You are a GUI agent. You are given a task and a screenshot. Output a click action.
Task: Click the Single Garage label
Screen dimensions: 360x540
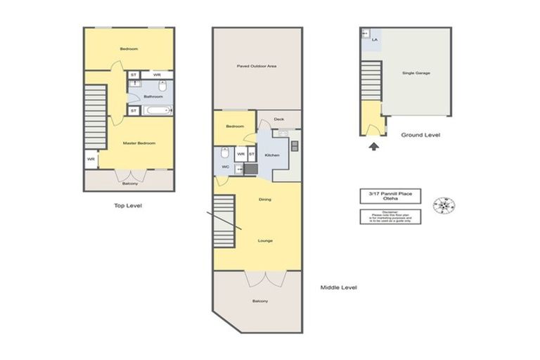point(416,73)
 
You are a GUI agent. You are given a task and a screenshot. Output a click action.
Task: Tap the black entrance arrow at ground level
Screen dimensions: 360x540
point(373,146)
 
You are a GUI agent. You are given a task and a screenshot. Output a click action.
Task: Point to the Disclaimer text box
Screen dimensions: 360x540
point(384,217)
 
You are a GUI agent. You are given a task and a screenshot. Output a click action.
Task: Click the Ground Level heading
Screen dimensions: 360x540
point(420,134)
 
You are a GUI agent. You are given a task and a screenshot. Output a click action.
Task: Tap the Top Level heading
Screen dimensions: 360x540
point(129,206)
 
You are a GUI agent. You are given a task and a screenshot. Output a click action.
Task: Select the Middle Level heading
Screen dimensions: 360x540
point(339,288)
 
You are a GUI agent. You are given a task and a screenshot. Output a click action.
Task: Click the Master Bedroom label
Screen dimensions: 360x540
point(139,143)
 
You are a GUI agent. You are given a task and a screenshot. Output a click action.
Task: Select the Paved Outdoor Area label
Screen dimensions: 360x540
point(257,67)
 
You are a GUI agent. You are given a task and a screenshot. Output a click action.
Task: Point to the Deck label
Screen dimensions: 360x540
point(278,120)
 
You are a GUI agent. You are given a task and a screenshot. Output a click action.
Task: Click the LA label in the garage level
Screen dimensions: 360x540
point(375,40)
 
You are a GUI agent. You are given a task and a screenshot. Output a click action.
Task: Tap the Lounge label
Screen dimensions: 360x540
point(264,240)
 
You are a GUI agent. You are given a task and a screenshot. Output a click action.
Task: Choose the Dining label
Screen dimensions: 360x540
point(264,200)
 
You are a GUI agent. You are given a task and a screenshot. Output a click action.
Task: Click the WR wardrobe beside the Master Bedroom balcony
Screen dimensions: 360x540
point(91,160)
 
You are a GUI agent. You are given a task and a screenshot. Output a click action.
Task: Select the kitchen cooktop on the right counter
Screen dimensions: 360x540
point(294,146)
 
